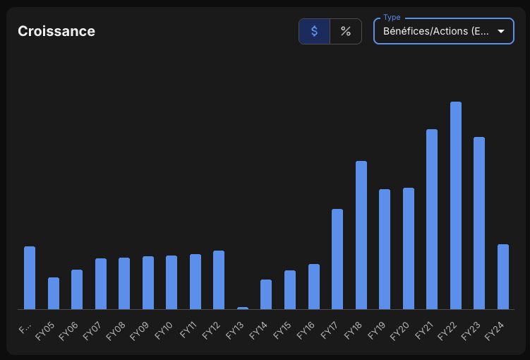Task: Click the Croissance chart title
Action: point(56,31)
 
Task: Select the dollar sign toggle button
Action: point(314,31)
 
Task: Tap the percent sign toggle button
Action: point(346,31)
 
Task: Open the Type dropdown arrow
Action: point(501,31)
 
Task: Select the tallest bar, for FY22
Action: point(456,205)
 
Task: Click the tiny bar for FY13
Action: point(243,308)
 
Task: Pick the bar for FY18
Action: point(361,235)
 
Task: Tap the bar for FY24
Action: point(503,277)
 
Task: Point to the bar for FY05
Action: point(54,294)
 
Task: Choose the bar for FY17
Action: point(337,259)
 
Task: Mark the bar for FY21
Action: point(432,220)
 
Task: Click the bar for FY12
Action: point(219,280)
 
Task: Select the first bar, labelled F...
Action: point(30,278)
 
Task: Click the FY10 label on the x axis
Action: point(164,330)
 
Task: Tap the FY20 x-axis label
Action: point(399,331)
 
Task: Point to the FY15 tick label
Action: point(282,330)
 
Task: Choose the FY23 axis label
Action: point(471,331)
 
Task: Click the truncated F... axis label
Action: point(25,328)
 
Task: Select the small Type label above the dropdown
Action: point(392,17)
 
